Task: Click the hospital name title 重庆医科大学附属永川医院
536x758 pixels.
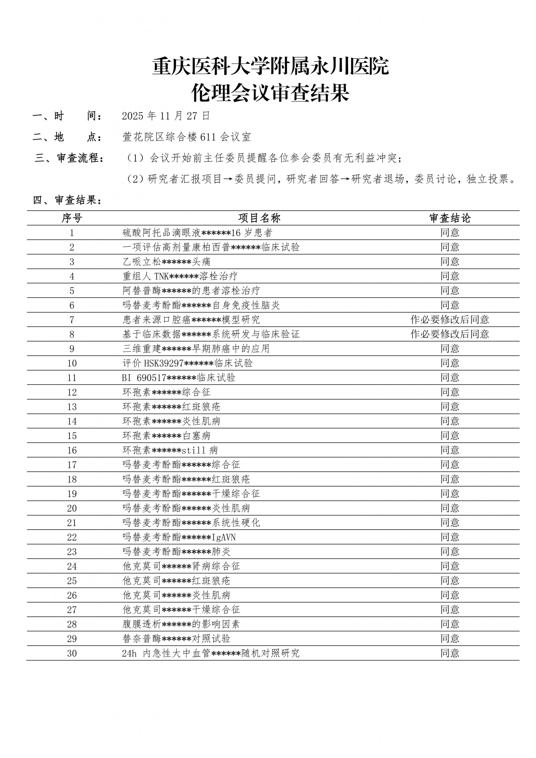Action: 270,66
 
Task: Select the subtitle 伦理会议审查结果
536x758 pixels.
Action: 270,93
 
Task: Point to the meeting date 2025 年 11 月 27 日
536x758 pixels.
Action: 166,116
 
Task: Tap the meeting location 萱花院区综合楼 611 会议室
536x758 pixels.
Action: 187,137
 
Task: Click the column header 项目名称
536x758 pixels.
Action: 259,218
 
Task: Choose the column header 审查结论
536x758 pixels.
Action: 450,218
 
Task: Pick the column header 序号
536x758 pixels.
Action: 72,218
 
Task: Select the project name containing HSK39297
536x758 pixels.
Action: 188,363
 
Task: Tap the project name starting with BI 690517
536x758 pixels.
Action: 178,378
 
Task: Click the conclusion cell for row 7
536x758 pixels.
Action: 449,319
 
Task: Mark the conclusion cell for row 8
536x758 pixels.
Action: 449,334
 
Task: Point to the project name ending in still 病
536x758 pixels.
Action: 170,450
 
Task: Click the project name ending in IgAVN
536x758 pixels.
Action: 179,537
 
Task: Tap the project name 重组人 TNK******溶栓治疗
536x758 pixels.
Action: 180,276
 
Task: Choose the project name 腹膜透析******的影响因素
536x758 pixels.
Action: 181,624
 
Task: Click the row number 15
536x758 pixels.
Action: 72,436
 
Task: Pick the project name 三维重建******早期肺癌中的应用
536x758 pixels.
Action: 196,349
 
